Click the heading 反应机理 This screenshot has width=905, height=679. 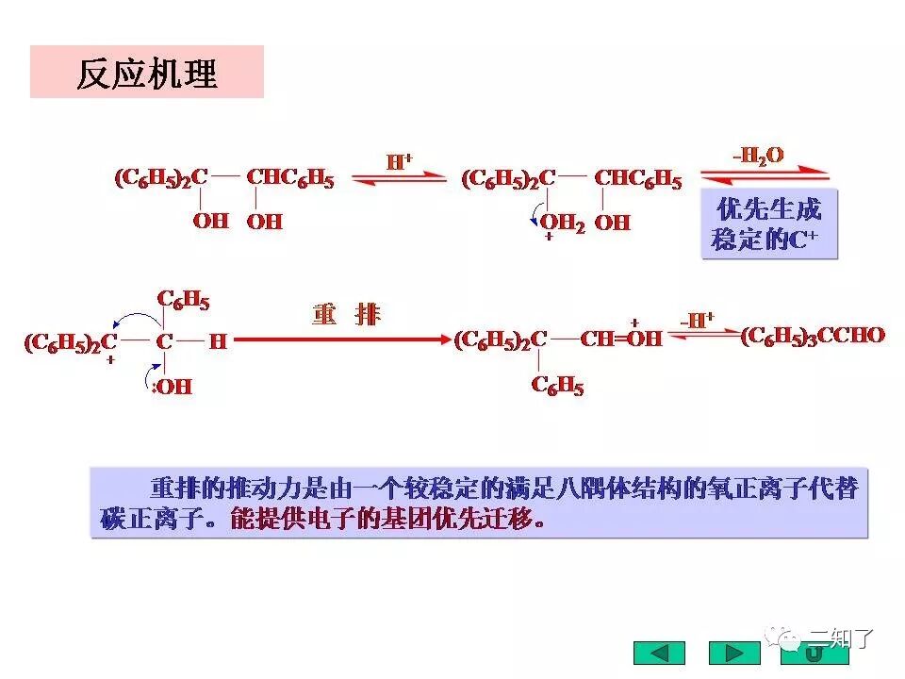point(147,73)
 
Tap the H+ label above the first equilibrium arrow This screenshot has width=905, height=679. point(401,160)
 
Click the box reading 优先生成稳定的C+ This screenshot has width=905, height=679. point(768,224)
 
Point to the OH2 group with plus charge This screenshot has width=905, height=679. point(562,224)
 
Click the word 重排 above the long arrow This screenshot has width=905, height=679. point(346,314)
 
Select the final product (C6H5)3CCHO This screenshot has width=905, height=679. point(813,336)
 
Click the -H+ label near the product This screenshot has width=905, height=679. point(697,320)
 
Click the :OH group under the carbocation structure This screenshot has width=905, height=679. point(172,387)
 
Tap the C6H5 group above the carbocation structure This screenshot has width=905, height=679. point(183,301)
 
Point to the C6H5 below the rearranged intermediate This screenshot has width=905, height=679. point(557,386)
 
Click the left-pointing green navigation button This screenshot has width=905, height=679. point(659,653)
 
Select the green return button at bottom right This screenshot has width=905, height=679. point(814,653)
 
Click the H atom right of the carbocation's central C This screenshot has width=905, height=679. point(218,341)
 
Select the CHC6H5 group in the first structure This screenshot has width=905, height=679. point(290,178)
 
